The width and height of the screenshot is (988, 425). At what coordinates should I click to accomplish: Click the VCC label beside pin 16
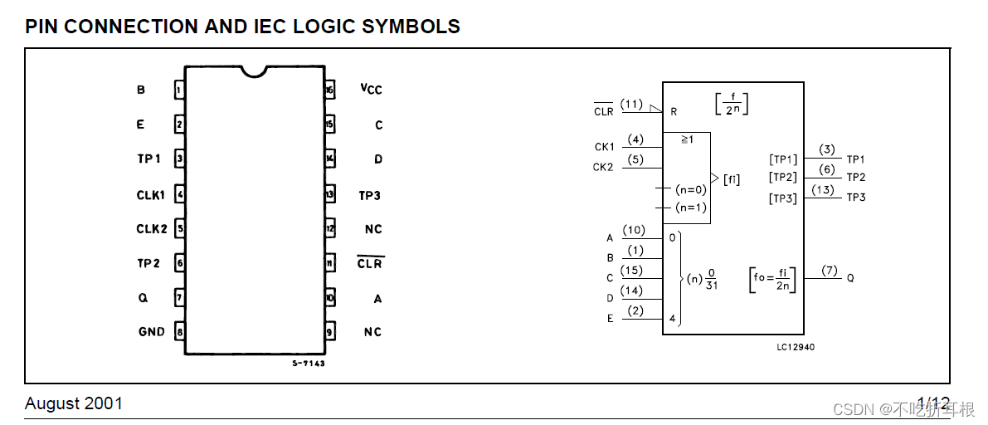371,90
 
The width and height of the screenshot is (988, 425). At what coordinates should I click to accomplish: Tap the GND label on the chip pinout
152,331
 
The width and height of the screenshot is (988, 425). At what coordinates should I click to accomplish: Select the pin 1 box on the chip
179,90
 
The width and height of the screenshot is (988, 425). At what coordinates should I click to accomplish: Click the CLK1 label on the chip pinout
151,195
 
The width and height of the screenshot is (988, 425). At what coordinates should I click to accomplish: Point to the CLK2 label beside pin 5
151,229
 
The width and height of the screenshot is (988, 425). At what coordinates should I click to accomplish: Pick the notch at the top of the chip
255,71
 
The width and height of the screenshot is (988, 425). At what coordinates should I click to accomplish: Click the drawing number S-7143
309,364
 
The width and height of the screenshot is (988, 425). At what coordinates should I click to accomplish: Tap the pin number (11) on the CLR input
631,104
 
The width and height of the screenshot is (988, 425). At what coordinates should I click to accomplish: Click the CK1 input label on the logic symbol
604,147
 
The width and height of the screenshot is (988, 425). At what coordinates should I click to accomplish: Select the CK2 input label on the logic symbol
604,167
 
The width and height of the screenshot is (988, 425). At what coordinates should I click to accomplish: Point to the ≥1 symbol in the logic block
687,139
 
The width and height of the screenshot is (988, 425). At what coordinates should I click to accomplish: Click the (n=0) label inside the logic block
690,189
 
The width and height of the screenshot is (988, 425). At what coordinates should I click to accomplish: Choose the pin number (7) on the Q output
830,271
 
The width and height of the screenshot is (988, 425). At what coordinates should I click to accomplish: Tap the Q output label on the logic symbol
850,279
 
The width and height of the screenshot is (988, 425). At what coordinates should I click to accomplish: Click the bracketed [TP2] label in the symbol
782,177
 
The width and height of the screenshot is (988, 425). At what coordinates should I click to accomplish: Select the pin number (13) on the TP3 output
823,190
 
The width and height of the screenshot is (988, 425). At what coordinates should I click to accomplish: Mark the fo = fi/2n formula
771,279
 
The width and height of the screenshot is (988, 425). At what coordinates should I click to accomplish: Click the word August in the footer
51,404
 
